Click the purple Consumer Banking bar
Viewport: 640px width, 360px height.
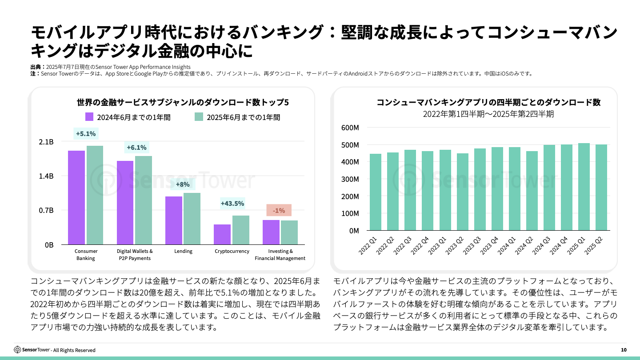76,197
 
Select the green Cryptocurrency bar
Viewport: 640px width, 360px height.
240,230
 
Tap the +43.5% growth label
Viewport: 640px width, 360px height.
232,204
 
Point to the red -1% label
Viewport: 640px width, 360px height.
279,210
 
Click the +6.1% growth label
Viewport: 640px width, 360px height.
136,148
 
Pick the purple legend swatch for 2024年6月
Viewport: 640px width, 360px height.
89,117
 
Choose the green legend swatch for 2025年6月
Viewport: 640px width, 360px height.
199,117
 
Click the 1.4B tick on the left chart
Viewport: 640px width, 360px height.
46,176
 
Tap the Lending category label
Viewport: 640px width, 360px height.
183,251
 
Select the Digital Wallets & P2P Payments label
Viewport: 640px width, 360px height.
135,255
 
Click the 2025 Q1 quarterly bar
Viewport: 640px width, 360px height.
584,187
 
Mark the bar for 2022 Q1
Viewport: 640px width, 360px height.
376,192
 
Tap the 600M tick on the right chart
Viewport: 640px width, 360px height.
350,128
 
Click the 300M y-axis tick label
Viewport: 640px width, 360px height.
350,179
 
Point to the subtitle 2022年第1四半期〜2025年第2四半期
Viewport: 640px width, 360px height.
488,114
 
